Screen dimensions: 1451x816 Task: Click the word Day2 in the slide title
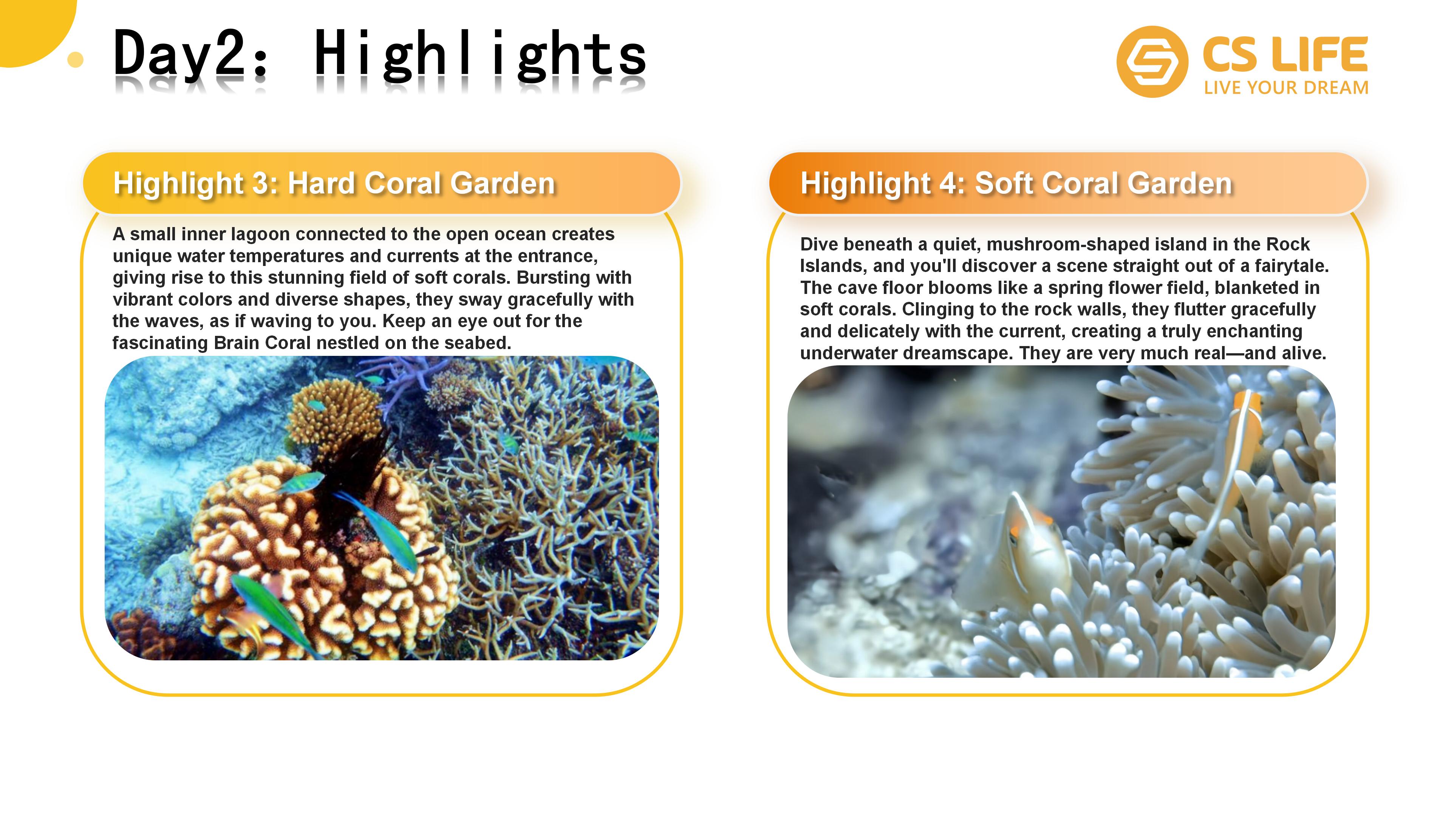click(x=179, y=54)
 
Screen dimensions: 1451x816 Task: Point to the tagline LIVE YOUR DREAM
click(x=1286, y=88)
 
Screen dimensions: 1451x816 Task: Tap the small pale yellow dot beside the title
click(x=75, y=59)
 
